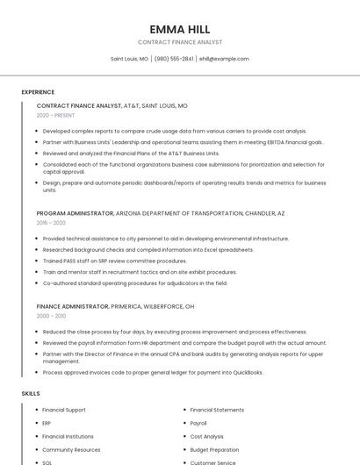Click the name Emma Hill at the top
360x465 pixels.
180,29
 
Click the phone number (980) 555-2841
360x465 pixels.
175,59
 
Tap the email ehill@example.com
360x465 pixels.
224,59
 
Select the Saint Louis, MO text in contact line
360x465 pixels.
129,59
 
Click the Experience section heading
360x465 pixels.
38,91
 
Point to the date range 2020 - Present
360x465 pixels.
55,115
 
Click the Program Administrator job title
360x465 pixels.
75,213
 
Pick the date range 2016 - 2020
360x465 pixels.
51,223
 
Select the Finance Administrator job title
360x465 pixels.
73,306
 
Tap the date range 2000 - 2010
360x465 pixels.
51,316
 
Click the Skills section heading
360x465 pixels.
31,394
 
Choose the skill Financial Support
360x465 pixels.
64,410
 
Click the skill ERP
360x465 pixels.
47,423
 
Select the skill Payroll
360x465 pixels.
198,423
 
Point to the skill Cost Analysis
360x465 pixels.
207,436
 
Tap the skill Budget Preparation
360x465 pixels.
214,449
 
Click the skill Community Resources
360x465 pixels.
71,449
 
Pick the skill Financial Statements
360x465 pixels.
217,410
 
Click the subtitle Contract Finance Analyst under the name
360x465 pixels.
180,42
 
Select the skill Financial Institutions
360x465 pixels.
68,436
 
